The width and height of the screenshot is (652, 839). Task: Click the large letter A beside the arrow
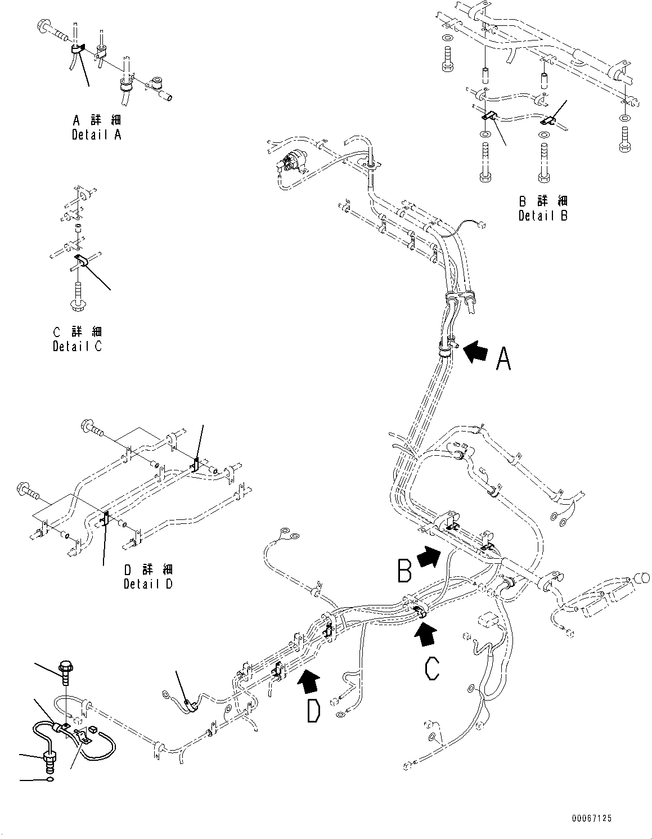tap(503, 358)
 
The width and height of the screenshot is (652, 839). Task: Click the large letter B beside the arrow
tap(405, 569)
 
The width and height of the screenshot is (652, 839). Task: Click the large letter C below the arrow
tap(432, 669)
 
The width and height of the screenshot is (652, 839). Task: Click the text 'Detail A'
tap(96, 134)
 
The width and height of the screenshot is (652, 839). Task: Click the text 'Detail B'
tap(543, 215)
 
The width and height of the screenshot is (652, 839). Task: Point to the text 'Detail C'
tap(78, 347)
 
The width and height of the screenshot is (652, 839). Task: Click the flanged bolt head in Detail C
tap(77, 304)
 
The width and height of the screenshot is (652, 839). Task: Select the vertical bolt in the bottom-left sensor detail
tap(66, 672)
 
